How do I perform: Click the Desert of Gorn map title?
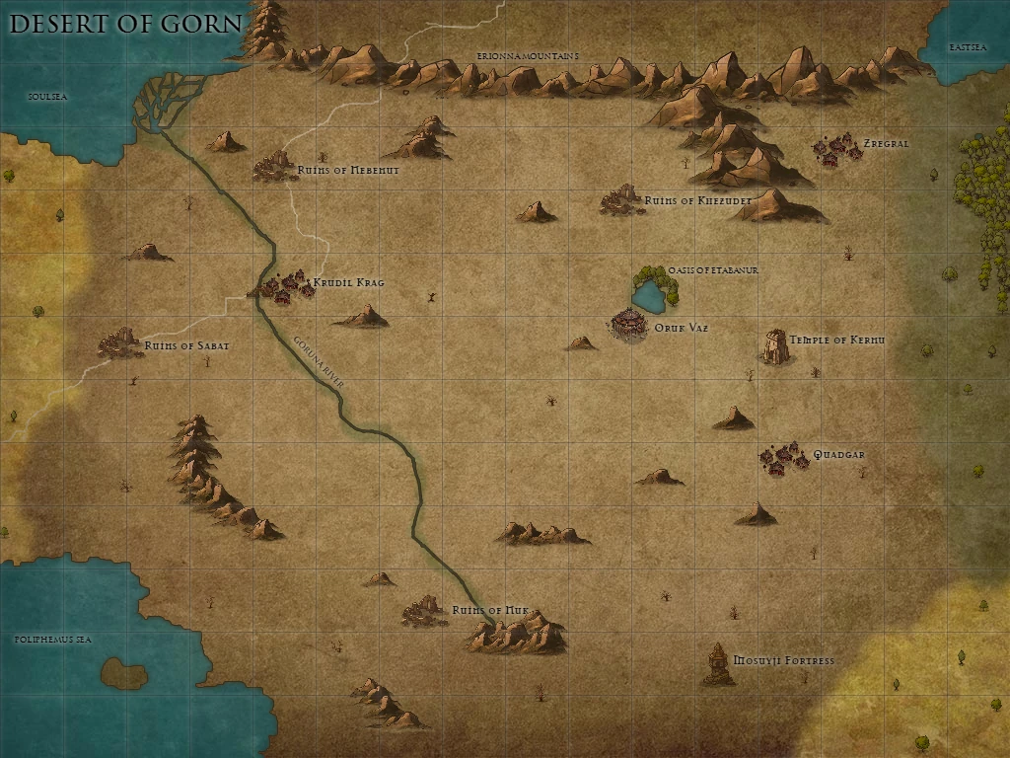click(x=125, y=24)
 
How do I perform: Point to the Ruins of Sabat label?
click(x=186, y=345)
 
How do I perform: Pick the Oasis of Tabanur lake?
click(x=650, y=294)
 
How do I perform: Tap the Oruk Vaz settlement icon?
click(x=627, y=324)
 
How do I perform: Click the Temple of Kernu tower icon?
click(x=774, y=345)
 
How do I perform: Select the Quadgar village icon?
click(x=783, y=458)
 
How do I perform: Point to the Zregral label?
click(x=886, y=143)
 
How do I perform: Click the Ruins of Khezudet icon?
click(x=620, y=199)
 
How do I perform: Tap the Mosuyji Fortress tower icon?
click(x=718, y=663)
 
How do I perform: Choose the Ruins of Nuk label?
click(x=490, y=610)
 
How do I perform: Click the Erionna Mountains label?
click(x=527, y=57)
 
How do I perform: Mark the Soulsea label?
click(x=46, y=96)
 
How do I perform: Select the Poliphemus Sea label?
click(x=52, y=640)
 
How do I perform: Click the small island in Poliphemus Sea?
click(x=124, y=672)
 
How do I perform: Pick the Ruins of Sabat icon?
click(x=120, y=343)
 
